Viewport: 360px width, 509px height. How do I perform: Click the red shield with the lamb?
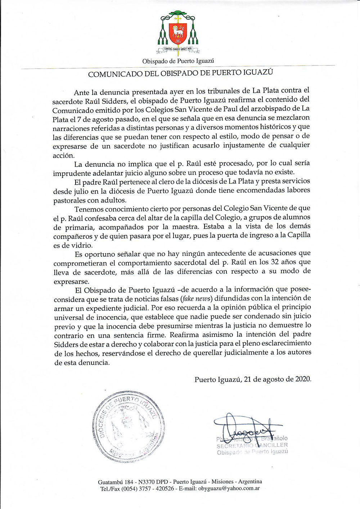coord(178,32)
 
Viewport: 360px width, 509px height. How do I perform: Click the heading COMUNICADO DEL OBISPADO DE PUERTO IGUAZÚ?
coord(180,74)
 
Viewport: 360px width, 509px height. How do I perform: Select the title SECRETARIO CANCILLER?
coord(252,445)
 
